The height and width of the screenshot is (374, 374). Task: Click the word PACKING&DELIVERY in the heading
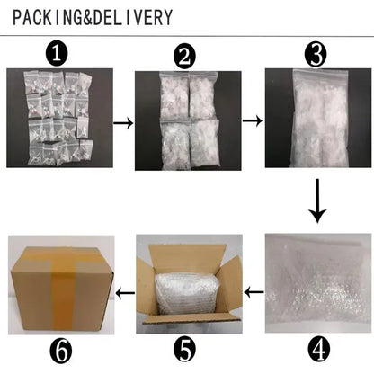[93, 17]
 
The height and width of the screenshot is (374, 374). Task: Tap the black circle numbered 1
[57, 54]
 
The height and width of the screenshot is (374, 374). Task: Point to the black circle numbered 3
[316, 55]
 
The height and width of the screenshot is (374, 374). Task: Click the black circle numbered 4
[319, 350]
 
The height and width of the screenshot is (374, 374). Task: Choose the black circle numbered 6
[61, 350]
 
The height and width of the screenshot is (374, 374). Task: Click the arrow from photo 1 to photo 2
[123, 123]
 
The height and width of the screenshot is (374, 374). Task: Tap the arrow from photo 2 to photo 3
[252, 120]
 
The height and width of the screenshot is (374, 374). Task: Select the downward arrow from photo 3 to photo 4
[317, 200]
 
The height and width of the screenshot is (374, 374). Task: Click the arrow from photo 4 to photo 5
[254, 292]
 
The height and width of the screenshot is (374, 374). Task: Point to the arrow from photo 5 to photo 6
[125, 293]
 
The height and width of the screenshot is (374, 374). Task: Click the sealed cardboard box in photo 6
[62, 288]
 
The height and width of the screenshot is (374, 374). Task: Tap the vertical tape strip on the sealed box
[64, 289]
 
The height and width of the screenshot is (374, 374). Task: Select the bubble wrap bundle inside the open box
[187, 293]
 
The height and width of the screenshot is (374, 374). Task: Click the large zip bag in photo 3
[320, 118]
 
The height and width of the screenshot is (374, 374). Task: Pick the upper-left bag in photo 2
[175, 96]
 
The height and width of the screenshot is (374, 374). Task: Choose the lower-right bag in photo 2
[206, 143]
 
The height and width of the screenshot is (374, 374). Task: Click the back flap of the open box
[188, 259]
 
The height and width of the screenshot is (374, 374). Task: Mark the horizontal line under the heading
[187, 36]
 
